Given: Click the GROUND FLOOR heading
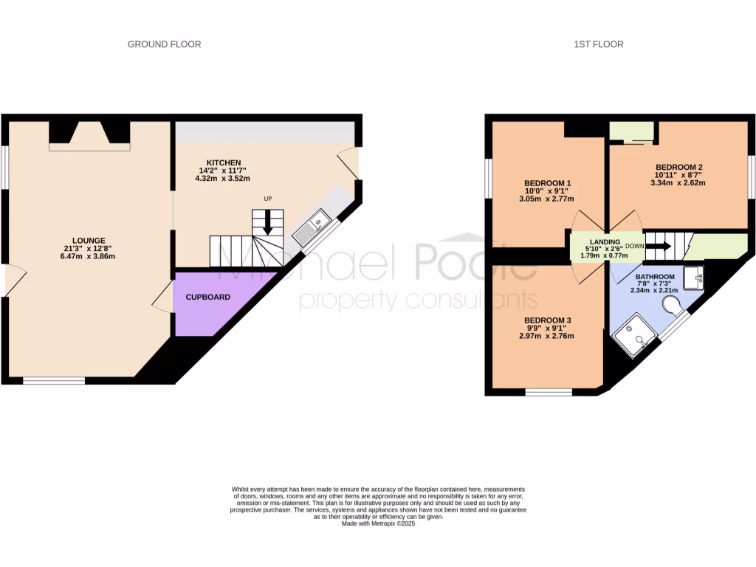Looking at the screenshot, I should point(164,44).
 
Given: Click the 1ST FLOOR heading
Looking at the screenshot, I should point(598,44).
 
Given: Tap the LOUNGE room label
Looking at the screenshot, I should point(89,240).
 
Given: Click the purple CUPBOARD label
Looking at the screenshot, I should point(207,297).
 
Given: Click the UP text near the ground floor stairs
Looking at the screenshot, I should point(268,199).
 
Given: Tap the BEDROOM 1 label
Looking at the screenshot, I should point(549,182).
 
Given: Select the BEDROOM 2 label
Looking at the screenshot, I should point(678,167).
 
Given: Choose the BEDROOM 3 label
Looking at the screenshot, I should point(549,320).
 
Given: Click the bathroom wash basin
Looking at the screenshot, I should point(694,278).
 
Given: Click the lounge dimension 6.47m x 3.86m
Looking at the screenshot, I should point(89,256).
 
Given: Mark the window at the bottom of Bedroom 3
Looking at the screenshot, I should point(548,391).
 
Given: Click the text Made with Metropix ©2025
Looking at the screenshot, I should point(378,524).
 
